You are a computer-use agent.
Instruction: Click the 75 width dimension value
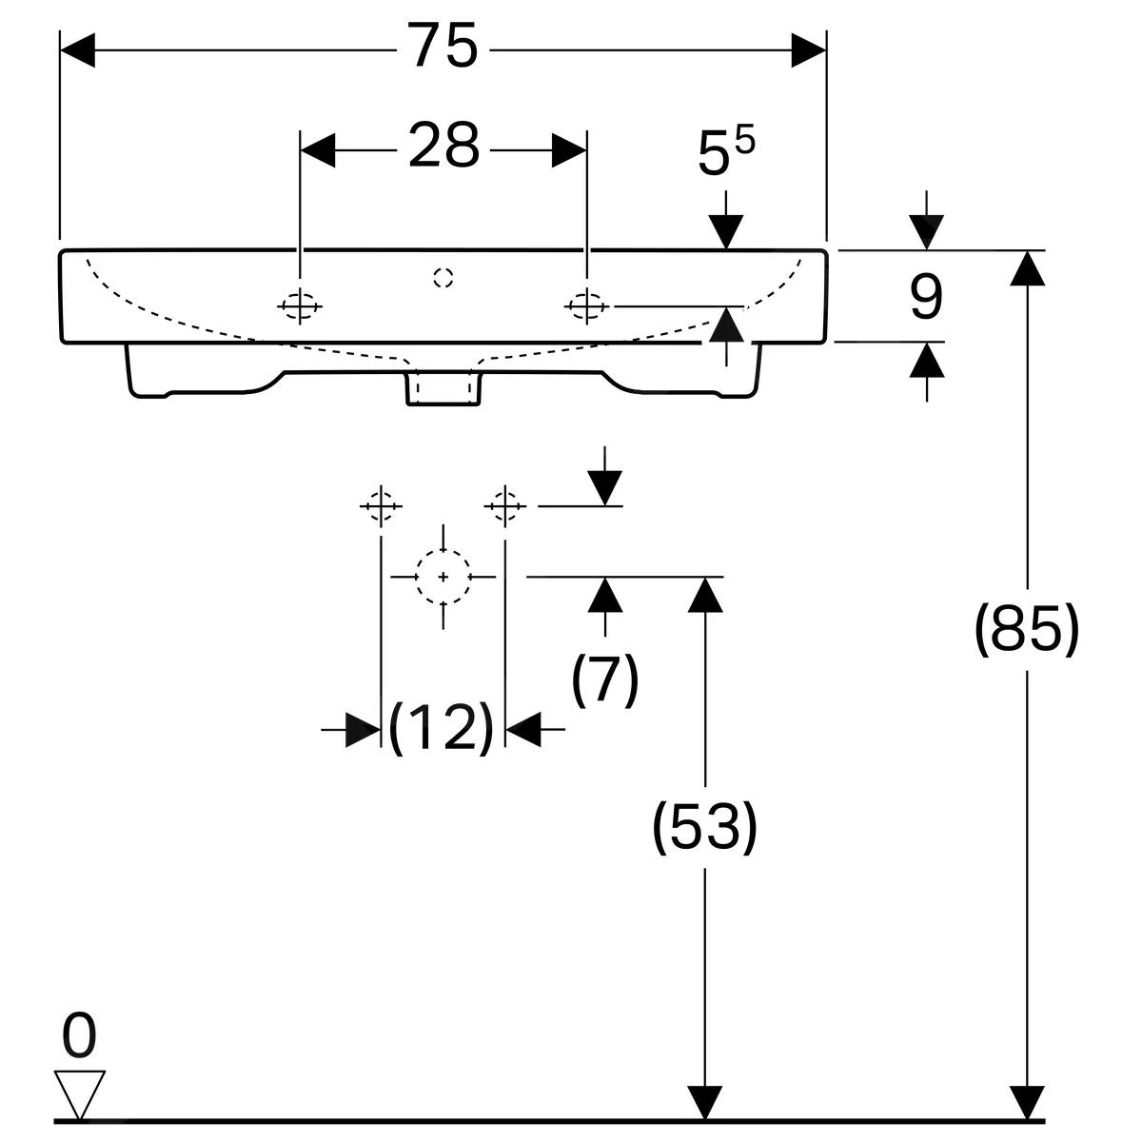(443, 48)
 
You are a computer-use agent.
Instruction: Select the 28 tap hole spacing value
(443, 148)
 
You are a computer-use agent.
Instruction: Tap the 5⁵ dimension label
(725, 152)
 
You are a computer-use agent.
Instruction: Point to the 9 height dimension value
(925, 297)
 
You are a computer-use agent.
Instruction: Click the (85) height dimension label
(1027, 629)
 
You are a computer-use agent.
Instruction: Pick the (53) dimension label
(704, 825)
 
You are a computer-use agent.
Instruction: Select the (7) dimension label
(605, 679)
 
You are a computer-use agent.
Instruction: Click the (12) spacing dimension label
(442, 729)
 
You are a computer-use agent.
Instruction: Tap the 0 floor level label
(79, 1037)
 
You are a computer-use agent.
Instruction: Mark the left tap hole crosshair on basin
(300, 305)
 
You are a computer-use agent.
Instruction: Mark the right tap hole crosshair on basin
(586, 305)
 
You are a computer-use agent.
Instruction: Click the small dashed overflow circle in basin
(443, 277)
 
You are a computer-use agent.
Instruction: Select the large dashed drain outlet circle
(443, 577)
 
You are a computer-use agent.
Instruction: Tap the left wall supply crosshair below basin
(381, 505)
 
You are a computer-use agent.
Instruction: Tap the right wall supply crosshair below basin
(505, 505)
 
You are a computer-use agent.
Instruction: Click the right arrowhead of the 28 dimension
(568, 150)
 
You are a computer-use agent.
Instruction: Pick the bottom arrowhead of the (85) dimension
(1025, 1101)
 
